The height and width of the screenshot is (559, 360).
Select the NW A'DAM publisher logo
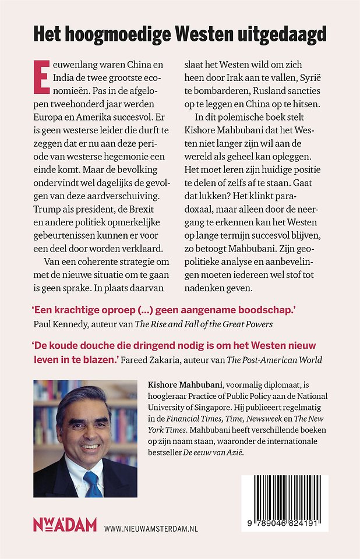64,526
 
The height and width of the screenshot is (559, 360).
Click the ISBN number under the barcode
285,523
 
